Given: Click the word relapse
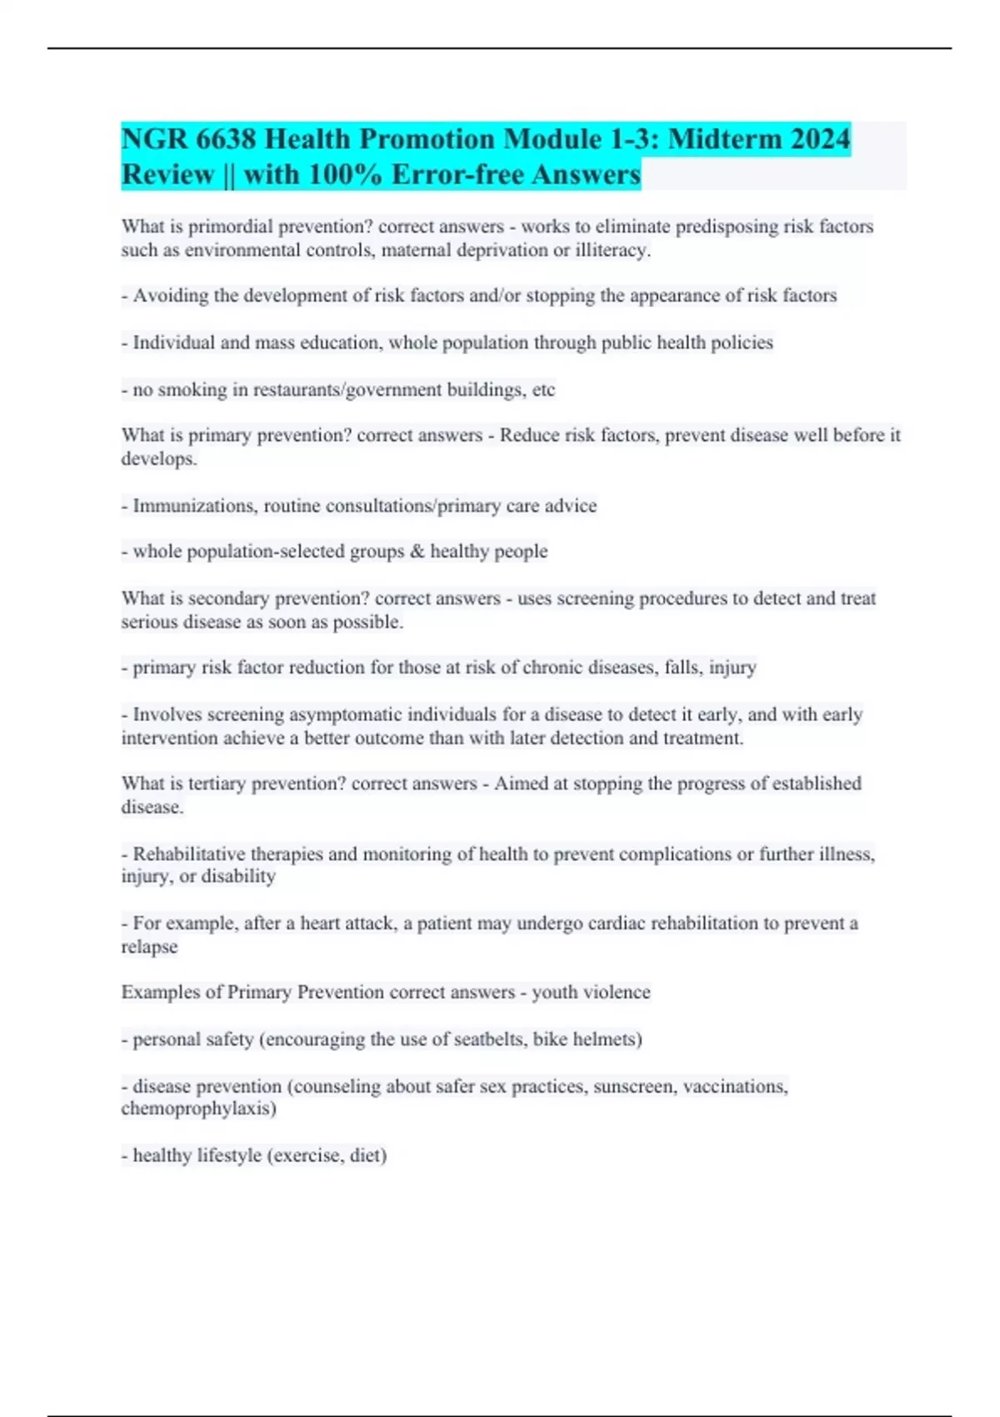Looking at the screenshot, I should [149, 947].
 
